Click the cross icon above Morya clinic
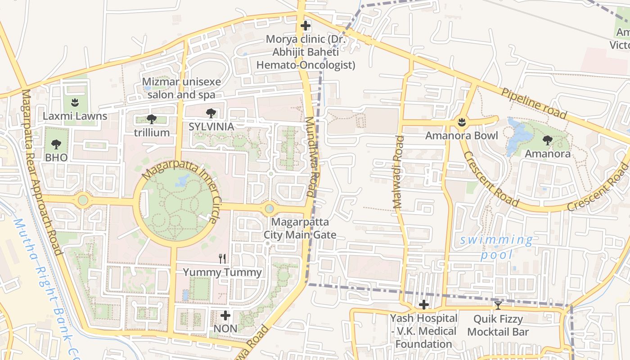coord(306,26)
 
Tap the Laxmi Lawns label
coord(75,116)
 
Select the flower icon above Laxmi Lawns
coord(75,102)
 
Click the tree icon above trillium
coord(152,119)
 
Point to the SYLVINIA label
coord(211,127)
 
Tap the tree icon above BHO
coord(56,144)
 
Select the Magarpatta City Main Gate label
coord(300,228)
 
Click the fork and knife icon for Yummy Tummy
coord(222,258)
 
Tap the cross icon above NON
coord(225,315)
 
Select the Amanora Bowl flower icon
coord(461,121)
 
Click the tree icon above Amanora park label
coord(548,140)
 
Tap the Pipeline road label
coord(534,103)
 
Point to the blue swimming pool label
coord(496,247)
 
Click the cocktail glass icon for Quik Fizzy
coord(498,306)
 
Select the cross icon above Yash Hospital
coord(423,305)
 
